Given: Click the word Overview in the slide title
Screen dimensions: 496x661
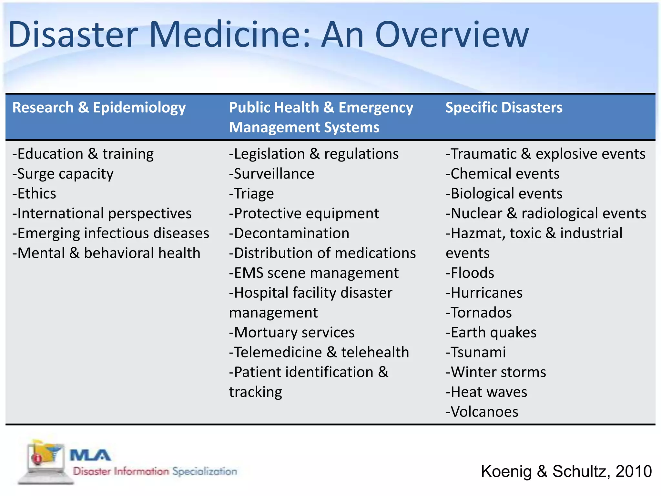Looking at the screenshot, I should coord(452,35).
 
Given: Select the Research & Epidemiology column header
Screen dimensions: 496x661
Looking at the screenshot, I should coord(99,108).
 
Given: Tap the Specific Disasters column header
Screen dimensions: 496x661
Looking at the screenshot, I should coord(504,108).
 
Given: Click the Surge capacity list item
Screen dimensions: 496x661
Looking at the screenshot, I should coord(63,174).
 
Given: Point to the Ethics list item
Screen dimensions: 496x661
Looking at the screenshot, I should coord(34,194).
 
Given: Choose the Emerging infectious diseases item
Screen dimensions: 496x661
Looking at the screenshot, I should coord(111,233).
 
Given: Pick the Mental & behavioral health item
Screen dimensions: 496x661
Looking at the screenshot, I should coord(106,253).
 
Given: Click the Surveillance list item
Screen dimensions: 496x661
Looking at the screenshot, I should coord(272,174).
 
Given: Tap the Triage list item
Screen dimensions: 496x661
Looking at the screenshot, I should coord(251,194).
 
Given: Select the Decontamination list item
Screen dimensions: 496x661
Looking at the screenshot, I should coord(289,233).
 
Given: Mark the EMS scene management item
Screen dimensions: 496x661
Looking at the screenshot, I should coord(314,273).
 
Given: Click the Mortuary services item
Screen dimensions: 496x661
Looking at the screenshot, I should coord(292,333).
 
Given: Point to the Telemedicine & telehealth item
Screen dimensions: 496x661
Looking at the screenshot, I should coord(319,352).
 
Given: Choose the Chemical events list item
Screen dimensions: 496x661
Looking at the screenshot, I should coord(503,174).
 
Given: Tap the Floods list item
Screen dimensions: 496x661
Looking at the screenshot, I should coord(470,273).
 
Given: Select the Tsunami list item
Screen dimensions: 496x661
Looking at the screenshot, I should coord(476,352).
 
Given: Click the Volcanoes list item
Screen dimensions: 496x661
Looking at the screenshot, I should coord(482,412).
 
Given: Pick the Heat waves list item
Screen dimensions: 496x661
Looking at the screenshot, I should coord(486,392).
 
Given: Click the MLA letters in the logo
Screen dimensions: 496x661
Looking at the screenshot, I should coord(90,456).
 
